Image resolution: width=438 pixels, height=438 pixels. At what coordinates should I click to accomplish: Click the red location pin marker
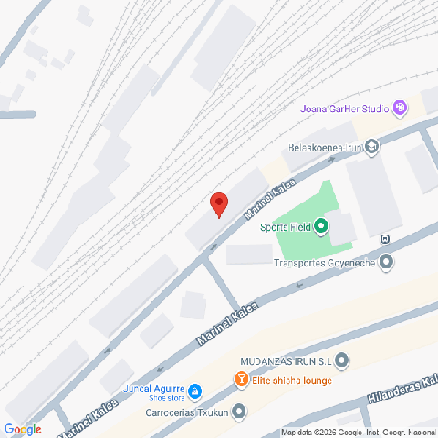pyautogui.click(x=218, y=203)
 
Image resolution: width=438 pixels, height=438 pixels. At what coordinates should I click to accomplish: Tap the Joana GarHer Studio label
pyautogui.click(x=344, y=109)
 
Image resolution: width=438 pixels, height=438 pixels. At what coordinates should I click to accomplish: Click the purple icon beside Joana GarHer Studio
pyautogui.click(x=399, y=109)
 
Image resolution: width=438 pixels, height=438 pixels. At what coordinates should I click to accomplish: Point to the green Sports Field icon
pyautogui.click(x=320, y=226)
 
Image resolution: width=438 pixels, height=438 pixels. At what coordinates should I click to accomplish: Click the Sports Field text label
pyautogui.click(x=285, y=226)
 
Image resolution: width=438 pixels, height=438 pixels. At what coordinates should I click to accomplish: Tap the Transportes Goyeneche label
pyautogui.click(x=325, y=264)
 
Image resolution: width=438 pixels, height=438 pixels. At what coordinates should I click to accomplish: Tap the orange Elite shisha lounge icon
pyautogui.click(x=240, y=380)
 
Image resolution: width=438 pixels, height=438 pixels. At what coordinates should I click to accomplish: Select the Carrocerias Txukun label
pyautogui.click(x=185, y=412)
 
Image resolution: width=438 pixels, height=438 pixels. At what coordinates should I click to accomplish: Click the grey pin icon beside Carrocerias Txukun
pyautogui.click(x=239, y=412)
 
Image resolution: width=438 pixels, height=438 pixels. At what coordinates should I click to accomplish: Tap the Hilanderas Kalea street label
pyautogui.click(x=400, y=382)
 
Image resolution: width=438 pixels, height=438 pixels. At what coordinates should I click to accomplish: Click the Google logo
pyautogui.click(x=23, y=429)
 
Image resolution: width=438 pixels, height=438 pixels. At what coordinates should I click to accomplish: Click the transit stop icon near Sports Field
pyautogui.click(x=385, y=241)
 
